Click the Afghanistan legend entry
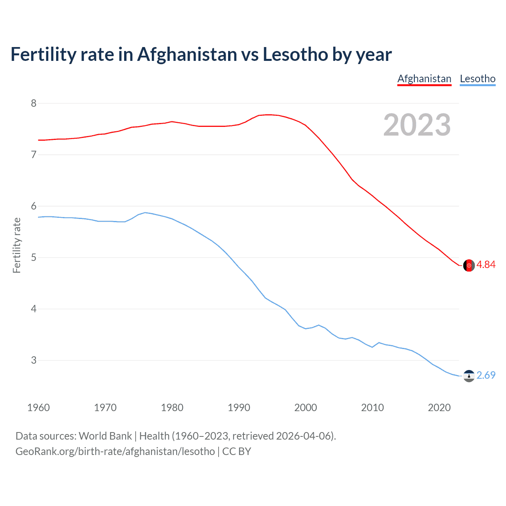[424, 79]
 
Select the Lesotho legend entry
[478, 79]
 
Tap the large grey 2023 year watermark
[417, 125]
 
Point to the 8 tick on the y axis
[34, 103]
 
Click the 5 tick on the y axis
[34, 257]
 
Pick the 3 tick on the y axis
[34, 360]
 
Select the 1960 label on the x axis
[38, 408]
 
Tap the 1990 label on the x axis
[239, 408]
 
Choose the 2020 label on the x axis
[439, 408]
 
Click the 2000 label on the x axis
[306, 408]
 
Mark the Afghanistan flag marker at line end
[469, 265]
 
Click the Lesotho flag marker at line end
[469, 376]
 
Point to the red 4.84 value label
[486, 265]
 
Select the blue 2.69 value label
[486, 375]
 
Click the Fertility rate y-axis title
[17, 245]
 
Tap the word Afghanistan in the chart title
[187, 55]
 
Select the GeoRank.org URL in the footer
[115, 451]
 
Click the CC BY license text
[236, 451]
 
